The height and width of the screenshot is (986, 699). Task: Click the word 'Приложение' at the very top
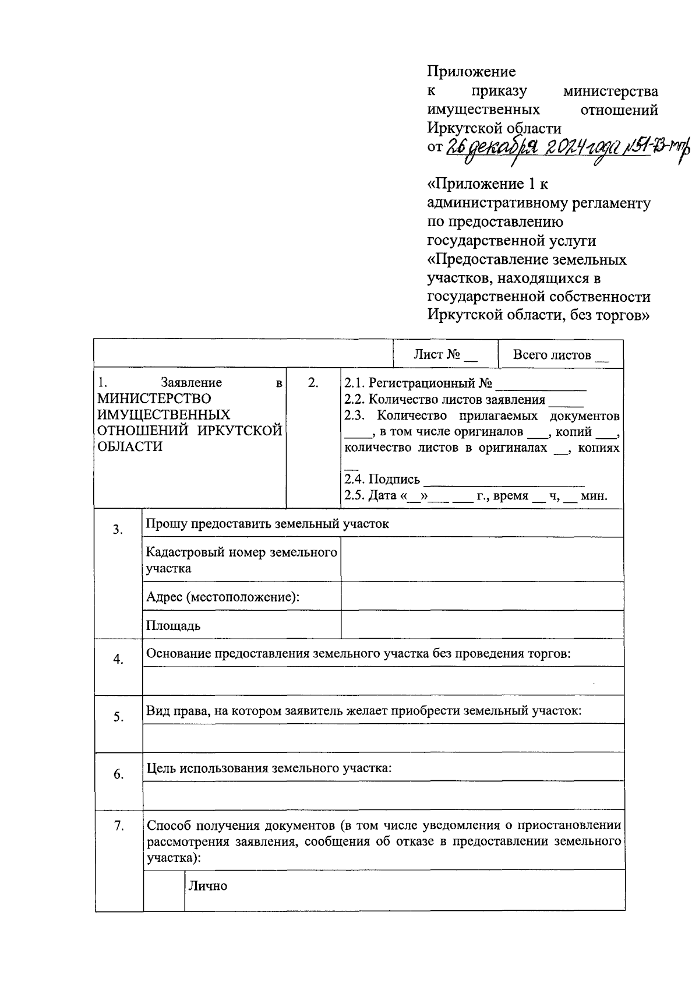(x=471, y=72)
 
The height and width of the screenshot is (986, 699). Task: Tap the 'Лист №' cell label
(x=445, y=355)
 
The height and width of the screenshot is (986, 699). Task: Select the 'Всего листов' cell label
(x=560, y=355)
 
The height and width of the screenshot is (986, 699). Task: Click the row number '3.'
(x=118, y=530)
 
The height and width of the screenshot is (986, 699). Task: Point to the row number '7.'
(x=118, y=826)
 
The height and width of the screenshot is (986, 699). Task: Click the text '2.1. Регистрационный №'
(x=418, y=383)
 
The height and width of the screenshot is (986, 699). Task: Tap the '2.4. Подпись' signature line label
(x=382, y=480)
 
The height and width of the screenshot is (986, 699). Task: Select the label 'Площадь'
(x=173, y=626)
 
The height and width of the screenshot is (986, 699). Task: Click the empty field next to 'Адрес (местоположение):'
(x=482, y=597)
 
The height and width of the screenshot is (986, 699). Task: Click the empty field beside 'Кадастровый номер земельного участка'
(x=482, y=559)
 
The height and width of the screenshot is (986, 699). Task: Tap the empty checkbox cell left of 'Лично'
(x=164, y=890)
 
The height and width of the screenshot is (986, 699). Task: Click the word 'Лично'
(x=207, y=886)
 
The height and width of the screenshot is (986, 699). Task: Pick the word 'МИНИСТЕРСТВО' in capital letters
(x=154, y=399)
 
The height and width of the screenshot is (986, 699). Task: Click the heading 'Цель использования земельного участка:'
(x=269, y=768)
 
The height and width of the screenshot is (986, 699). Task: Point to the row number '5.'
(x=118, y=717)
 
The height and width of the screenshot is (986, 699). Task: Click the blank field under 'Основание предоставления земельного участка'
(x=383, y=681)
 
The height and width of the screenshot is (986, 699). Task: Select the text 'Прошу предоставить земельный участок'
(x=267, y=524)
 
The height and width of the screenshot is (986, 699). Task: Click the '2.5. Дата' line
(x=475, y=496)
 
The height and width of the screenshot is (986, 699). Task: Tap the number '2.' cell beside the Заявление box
(x=313, y=383)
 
